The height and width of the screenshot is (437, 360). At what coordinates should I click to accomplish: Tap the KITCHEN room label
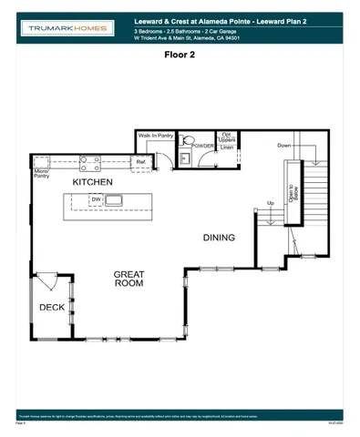93,183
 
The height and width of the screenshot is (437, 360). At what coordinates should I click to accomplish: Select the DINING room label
219,238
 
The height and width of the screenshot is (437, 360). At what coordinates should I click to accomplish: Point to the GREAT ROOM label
129,279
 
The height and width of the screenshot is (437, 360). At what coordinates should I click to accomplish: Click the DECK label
51,308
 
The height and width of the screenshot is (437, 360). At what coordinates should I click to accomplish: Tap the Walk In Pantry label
155,136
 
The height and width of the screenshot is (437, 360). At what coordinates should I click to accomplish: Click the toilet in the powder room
185,142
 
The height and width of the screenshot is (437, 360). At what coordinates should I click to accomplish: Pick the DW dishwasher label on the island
96,199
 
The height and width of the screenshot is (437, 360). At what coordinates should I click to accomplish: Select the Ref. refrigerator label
140,163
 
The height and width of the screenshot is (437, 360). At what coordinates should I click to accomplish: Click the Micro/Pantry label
41,173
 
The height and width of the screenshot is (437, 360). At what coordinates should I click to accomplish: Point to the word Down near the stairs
284,145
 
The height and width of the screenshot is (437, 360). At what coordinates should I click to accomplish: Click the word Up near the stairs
270,202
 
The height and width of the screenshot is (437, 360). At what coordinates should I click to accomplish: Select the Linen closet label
228,147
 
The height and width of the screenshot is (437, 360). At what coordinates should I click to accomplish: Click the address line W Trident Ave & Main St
180,39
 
